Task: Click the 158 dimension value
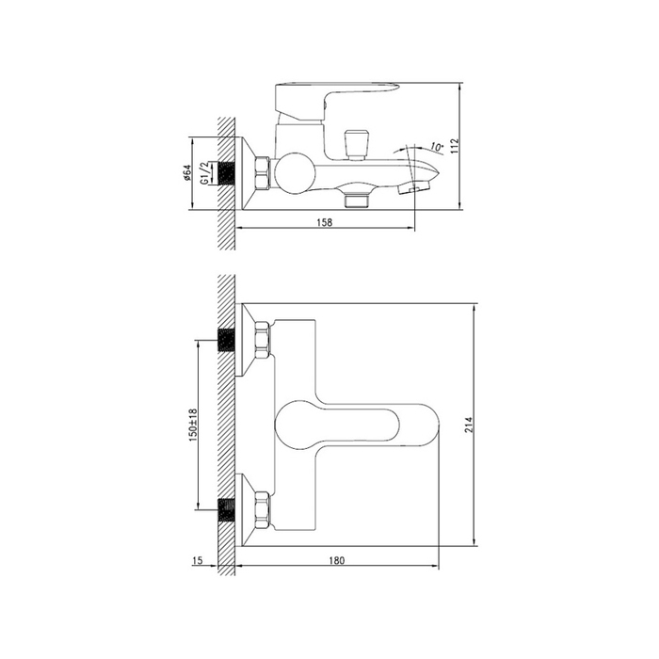pyautogui.click(x=324, y=222)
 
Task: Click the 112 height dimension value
pyautogui.click(x=455, y=146)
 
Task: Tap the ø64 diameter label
pyautogui.click(x=186, y=173)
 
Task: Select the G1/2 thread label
pyautogui.click(x=204, y=173)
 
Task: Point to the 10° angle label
pyautogui.click(x=437, y=148)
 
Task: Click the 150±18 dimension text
pyautogui.click(x=193, y=425)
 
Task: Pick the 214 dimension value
pyautogui.click(x=469, y=425)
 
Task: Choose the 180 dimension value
pyautogui.click(x=337, y=560)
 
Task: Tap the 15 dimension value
pyautogui.click(x=198, y=560)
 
